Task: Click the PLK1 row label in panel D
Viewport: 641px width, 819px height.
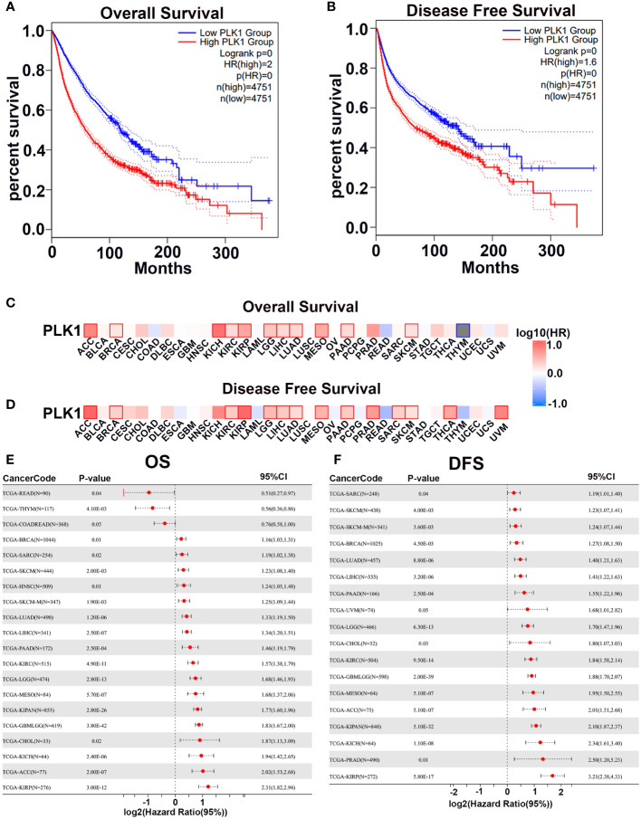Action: (x=33, y=413)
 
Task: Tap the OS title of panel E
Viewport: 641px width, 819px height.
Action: (x=161, y=463)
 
